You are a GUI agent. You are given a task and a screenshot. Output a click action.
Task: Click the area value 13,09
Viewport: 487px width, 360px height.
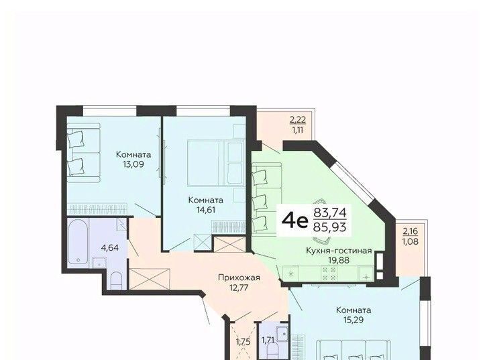click(x=133, y=164)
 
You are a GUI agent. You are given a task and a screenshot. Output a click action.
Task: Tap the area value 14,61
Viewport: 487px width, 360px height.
click(x=206, y=210)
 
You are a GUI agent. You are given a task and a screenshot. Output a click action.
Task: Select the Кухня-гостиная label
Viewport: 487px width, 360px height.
click(x=339, y=251)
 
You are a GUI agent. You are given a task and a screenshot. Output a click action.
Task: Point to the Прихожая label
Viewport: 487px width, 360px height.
click(x=239, y=278)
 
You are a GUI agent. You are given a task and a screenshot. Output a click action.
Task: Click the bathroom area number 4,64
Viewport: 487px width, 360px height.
click(x=110, y=248)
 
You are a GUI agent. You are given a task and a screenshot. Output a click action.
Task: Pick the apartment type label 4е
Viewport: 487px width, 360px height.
click(x=294, y=221)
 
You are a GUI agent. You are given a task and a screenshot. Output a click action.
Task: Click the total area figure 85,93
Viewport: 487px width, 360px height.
click(x=330, y=227)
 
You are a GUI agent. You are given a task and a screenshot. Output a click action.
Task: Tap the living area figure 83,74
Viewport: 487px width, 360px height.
click(x=330, y=213)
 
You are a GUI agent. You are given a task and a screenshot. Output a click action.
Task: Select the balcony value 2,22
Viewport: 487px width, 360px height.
click(x=298, y=119)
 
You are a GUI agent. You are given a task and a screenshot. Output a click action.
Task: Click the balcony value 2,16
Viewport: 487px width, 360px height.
click(x=411, y=231)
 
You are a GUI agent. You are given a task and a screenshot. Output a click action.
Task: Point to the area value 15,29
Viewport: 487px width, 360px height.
click(x=354, y=320)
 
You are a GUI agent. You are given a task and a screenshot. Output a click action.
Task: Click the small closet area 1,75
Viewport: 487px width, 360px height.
click(x=243, y=342)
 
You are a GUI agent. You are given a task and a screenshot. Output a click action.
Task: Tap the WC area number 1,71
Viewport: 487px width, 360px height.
click(x=268, y=341)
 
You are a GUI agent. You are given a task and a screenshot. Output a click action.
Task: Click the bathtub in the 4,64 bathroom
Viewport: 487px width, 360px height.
click(x=78, y=241)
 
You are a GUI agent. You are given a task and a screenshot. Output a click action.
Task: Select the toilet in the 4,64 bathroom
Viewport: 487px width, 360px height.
click(x=117, y=280)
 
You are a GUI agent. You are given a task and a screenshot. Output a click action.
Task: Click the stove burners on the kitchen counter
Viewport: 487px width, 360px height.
click(x=329, y=274)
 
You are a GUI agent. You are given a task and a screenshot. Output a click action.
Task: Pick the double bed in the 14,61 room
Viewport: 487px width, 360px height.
click(x=215, y=163)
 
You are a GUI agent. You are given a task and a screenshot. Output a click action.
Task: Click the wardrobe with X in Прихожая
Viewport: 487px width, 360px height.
click(x=150, y=279)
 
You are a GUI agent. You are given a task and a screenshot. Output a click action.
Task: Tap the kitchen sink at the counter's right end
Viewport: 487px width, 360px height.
click(x=366, y=274)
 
